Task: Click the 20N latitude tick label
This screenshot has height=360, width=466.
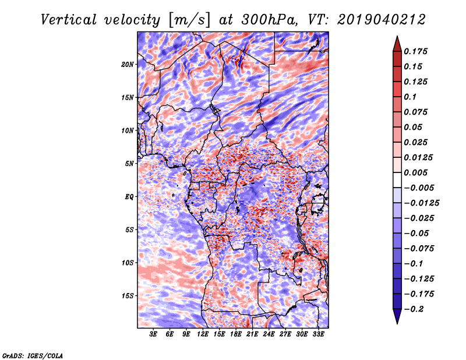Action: tap(128, 65)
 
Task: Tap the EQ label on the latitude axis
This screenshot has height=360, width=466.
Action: tap(129, 197)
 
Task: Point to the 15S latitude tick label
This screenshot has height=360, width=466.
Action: tap(128, 296)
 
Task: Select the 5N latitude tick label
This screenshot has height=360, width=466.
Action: tap(129, 164)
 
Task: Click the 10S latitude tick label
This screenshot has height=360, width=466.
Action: tap(128, 263)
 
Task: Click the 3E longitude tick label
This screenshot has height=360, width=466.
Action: tap(153, 334)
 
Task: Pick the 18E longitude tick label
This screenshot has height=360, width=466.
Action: tap(236, 334)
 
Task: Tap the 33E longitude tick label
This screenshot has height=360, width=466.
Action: tap(318, 334)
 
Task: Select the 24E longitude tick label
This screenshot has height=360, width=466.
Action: tap(269, 334)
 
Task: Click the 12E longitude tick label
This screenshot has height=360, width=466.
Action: tap(203, 334)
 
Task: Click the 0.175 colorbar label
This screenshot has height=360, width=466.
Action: tap(415, 51)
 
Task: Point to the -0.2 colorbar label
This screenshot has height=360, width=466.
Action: tap(414, 309)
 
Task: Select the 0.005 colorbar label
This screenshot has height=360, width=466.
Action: tap(415, 172)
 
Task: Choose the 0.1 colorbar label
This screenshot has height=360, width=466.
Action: tap(410, 97)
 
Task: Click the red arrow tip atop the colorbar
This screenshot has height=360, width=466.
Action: tap(397, 37)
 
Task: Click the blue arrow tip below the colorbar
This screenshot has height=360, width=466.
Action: tap(397, 323)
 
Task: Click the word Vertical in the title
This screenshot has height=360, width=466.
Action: tap(69, 20)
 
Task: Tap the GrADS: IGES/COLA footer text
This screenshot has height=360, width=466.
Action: tap(33, 355)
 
